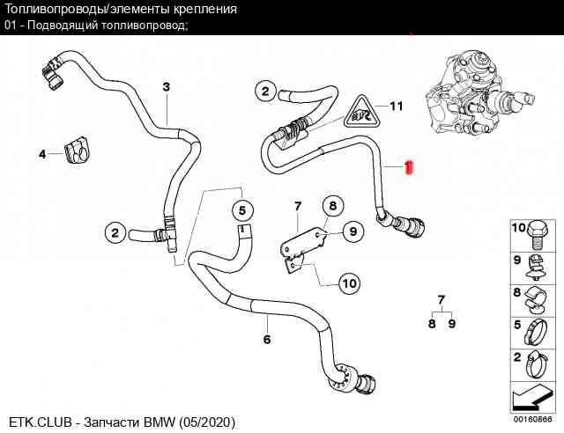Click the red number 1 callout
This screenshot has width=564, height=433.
[x=409, y=167]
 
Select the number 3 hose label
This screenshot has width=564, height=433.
[x=166, y=86]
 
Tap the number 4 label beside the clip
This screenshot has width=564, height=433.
[x=42, y=154]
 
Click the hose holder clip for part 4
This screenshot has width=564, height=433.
[x=77, y=150]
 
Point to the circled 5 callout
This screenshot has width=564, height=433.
[x=242, y=210]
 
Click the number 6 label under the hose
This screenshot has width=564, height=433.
[x=267, y=339]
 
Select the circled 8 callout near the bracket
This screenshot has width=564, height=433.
[x=333, y=206]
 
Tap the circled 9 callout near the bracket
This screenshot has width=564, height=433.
[x=353, y=231]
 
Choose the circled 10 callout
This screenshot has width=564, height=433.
[x=350, y=283]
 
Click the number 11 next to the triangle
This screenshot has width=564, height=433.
[x=397, y=106]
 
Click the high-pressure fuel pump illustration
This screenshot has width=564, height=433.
[x=475, y=93]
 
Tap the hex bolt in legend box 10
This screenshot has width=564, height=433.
[x=538, y=236]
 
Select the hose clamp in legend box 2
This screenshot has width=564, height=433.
[x=537, y=364]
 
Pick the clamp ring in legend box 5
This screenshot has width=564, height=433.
[x=537, y=333]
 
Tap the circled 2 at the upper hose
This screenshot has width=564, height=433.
[x=265, y=91]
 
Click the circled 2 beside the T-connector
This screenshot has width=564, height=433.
[x=115, y=233]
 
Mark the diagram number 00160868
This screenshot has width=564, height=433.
[x=532, y=419]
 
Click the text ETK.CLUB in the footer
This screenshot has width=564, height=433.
[x=41, y=422]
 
